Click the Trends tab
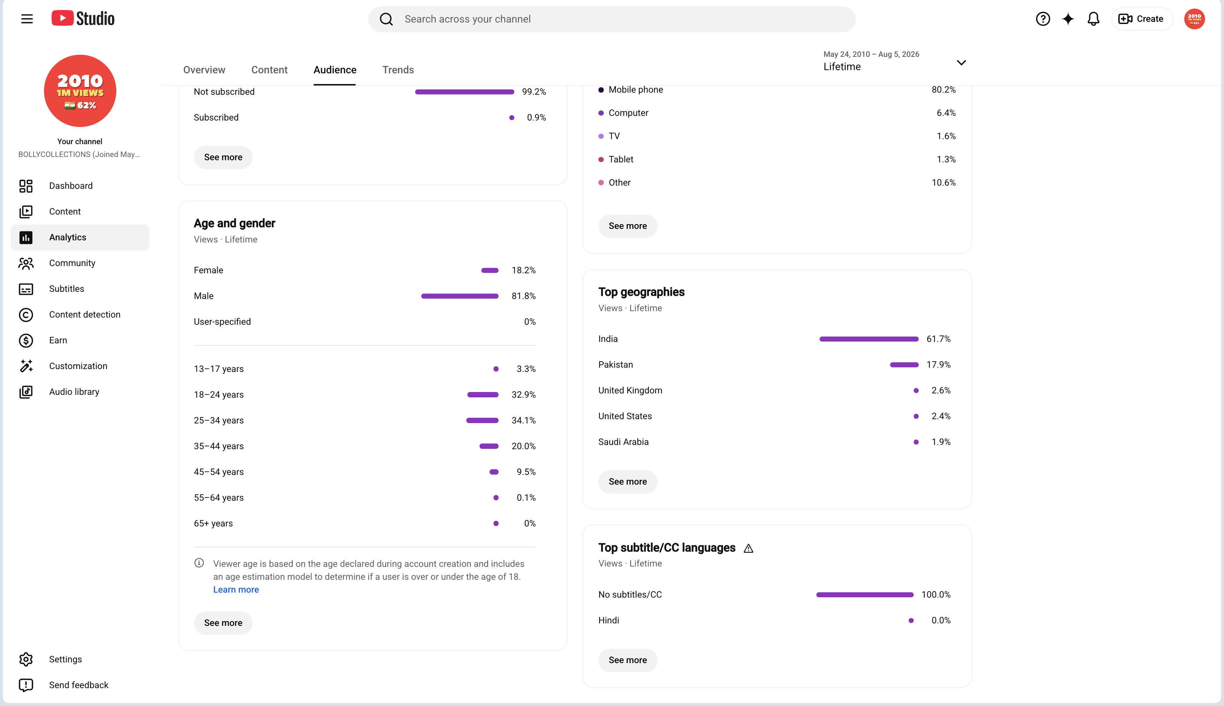coord(398,70)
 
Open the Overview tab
coord(204,70)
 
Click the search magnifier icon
coord(386,19)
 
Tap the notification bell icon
coord(1093,19)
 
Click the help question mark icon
coord(1043,19)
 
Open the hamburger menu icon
coord(27,19)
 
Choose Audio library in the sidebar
coord(74,392)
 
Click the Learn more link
coord(236,590)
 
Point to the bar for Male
coord(460,296)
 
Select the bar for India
coord(869,339)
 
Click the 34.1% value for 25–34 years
coord(524,420)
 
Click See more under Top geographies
coord(627,481)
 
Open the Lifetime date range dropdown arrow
coord(961,63)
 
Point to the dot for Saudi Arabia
coord(916,442)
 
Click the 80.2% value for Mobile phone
coord(944,90)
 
